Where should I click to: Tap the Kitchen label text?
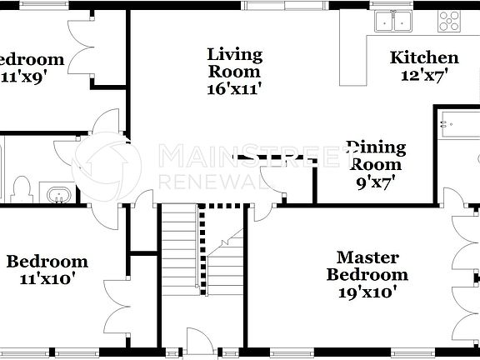[x=424, y=57]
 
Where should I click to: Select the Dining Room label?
[x=376, y=156]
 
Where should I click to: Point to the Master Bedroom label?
[x=367, y=266]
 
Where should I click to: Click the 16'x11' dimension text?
[x=234, y=87]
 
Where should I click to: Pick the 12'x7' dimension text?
[x=424, y=73]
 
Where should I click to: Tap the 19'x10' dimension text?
[x=367, y=292]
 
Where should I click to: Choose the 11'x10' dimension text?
[x=47, y=279]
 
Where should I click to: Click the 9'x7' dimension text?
[x=376, y=179]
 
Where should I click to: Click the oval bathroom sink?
[x=58, y=195]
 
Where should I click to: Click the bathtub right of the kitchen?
[x=457, y=137]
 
